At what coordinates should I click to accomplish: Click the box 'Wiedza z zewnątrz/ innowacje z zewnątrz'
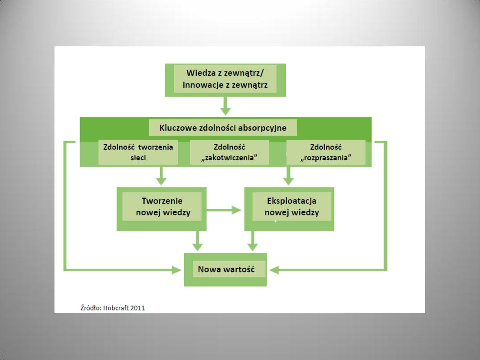225,80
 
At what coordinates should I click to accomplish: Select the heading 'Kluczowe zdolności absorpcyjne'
223,128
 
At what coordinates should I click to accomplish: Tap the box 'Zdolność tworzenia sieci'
138,152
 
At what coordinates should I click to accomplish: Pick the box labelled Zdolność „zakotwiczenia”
229,152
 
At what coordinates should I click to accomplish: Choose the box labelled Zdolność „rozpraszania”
326,152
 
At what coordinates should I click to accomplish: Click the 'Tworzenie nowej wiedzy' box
162,209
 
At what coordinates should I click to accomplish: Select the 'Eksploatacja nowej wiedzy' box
289,209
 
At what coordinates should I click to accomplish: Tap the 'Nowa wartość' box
225,270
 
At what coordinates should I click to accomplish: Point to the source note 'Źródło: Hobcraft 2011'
113,308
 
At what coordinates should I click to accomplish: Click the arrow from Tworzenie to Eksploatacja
224,210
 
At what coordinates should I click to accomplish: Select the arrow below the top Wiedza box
225,106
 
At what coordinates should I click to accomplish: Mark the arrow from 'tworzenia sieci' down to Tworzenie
161,176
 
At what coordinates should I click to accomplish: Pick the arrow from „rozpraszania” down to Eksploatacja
288,176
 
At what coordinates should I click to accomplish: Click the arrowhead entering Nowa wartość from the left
177,270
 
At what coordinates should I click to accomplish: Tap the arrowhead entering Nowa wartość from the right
274,270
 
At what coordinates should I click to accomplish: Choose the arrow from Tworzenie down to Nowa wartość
198,241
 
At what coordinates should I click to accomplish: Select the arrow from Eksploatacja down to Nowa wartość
252,241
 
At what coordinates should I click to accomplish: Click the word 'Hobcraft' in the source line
116,308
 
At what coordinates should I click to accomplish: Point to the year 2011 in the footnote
138,308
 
